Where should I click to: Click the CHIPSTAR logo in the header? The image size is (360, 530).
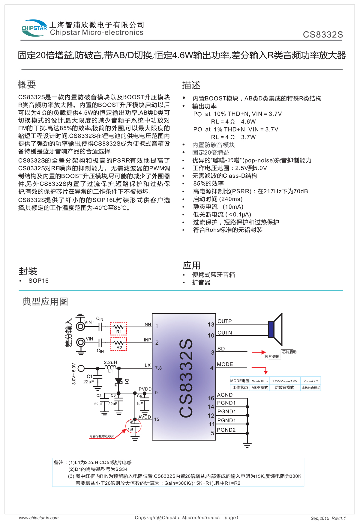[34, 28]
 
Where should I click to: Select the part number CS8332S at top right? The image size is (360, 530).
[323, 35]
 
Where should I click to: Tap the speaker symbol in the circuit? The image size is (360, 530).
[275, 329]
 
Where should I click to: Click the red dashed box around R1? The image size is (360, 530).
[118, 328]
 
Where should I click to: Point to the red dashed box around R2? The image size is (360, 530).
[119, 344]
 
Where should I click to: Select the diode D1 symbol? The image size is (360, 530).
[119, 381]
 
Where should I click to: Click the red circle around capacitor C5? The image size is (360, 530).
[133, 426]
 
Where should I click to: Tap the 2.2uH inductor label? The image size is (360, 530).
[110, 362]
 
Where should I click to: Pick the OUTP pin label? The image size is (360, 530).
[224, 321]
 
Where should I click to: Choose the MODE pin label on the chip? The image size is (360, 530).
[225, 365]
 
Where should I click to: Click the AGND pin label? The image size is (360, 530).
[225, 395]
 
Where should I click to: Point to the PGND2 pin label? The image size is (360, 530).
[226, 430]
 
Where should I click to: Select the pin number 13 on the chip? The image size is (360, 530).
[211, 325]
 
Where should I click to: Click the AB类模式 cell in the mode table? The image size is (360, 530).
[260, 388]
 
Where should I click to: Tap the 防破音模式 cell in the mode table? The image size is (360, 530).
[284, 388]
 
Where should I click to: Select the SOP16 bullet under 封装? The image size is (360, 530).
[38, 281]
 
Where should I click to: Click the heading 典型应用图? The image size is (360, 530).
[45, 302]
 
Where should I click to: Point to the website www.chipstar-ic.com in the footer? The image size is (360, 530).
[39, 518]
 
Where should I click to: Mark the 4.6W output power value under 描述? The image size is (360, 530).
[248, 122]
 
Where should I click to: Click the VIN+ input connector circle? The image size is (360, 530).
[80, 326]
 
